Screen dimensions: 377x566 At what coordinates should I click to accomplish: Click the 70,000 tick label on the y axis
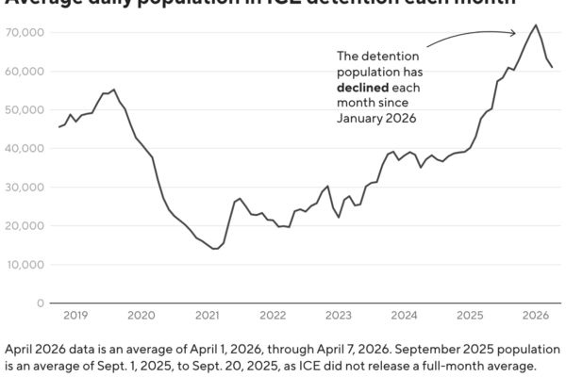pyautogui.click(x=25, y=33)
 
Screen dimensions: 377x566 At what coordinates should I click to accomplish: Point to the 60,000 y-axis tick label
pyautogui.click(x=25, y=72)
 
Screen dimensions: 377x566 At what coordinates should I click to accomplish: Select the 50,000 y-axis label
pyautogui.click(x=25, y=110)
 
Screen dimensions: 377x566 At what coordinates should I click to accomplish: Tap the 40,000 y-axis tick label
pyautogui.click(x=25, y=149)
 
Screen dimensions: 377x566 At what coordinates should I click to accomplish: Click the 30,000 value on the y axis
pyautogui.click(x=25, y=188)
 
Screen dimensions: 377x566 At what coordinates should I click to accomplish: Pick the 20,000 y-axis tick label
pyautogui.click(x=25, y=226)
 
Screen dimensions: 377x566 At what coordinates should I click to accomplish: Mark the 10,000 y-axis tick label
pyautogui.click(x=25, y=265)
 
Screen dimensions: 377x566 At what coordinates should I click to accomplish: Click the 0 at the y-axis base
pyautogui.click(x=41, y=303)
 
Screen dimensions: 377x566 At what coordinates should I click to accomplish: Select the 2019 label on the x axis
pyautogui.click(x=75, y=316)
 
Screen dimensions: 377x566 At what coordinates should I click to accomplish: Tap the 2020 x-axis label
pyautogui.click(x=141, y=316)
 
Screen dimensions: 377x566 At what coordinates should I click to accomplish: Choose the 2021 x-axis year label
pyautogui.click(x=208, y=316)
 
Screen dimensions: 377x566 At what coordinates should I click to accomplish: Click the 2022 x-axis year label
pyautogui.click(x=273, y=316)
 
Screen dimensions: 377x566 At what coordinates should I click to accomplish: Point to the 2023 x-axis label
pyautogui.click(x=339, y=316)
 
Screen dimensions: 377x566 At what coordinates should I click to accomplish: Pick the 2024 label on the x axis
pyautogui.click(x=404, y=316)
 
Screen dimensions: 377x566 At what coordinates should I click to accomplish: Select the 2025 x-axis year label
pyautogui.click(x=470, y=316)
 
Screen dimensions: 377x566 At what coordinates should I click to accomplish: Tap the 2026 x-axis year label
pyautogui.click(x=535, y=316)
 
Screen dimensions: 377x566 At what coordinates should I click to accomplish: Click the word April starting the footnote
pyautogui.click(x=21, y=347)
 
